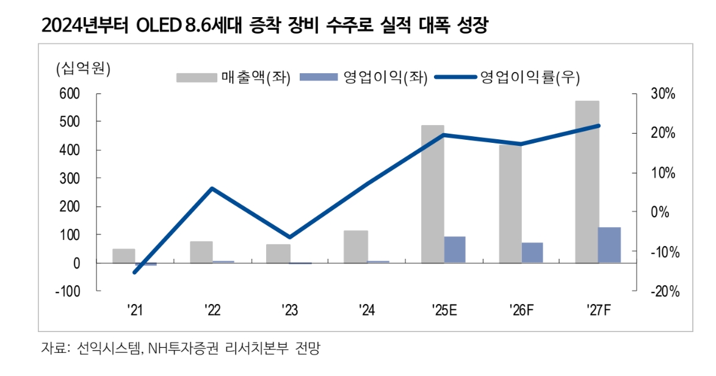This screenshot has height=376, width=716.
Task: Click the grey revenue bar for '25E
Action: coord(432,194)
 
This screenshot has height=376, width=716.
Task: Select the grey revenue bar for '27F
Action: coord(587,182)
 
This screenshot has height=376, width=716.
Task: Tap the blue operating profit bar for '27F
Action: coord(609,245)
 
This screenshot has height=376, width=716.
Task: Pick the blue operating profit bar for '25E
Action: coord(455,250)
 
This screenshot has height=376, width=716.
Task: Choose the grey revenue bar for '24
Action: coord(356,247)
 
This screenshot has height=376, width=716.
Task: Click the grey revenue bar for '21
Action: coord(123,256)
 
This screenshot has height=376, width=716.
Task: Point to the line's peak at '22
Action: coord(212,188)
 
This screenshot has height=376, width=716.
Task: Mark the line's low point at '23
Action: coord(289,237)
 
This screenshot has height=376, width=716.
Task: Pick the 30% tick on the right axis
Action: coord(662,94)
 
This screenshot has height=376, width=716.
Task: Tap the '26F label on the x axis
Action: coord(521,311)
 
